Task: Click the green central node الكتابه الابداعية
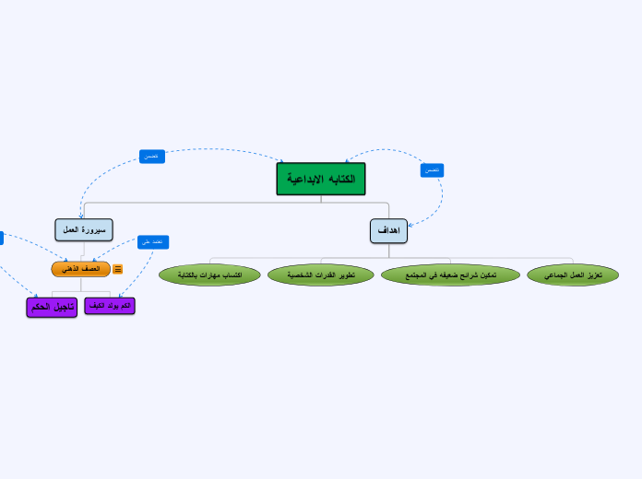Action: (321, 179)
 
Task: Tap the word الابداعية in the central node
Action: (305, 178)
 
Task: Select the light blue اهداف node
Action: (388, 231)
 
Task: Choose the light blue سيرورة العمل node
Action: (84, 229)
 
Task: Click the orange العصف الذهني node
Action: (80, 269)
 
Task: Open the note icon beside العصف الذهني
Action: (118, 269)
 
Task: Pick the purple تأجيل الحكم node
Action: (52, 307)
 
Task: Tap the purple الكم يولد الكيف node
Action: (110, 305)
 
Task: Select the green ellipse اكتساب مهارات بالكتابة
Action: (209, 275)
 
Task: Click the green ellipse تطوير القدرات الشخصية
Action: (321, 275)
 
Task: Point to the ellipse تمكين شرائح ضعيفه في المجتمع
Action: (450, 275)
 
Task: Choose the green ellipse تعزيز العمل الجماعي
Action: (573, 275)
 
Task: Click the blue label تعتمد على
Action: (152, 242)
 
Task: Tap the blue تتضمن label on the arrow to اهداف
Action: (432, 170)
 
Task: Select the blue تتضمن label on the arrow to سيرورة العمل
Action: (152, 157)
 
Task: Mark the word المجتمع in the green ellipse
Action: (418, 275)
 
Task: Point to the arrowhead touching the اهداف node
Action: (410, 223)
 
